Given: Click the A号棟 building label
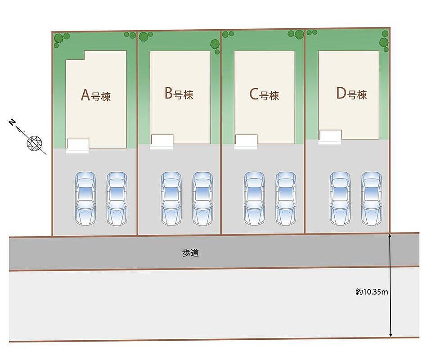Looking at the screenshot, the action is (x=96, y=95).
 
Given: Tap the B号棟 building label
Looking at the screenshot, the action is (x=179, y=94).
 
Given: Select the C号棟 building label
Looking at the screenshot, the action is (x=264, y=95).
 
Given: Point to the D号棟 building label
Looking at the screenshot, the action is (x=351, y=94).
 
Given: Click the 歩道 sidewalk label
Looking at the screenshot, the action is (x=190, y=253).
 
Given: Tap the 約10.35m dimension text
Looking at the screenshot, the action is (x=372, y=292).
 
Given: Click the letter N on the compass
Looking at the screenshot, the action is (x=12, y=122).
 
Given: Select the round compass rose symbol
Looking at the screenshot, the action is (x=34, y=143).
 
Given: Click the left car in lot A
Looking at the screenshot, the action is (x=85, y=198).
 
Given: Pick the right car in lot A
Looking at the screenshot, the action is (x=117, y=198).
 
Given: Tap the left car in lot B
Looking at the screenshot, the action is (x=171, y=198).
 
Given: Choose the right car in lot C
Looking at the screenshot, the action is (x=286, y=198).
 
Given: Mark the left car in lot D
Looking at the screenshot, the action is (x=341, y=198).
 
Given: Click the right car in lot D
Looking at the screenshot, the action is (x=372, y=198).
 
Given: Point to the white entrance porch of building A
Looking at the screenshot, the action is (x=77, y=146).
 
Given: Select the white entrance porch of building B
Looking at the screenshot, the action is (x=162, y=142).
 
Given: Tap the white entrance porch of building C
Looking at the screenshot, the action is (x=246, y=142).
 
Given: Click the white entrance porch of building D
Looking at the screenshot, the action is (x=330, y=137).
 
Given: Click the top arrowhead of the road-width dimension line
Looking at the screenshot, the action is (x=390, y=235).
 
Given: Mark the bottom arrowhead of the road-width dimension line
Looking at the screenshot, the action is (x=391, y=335).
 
